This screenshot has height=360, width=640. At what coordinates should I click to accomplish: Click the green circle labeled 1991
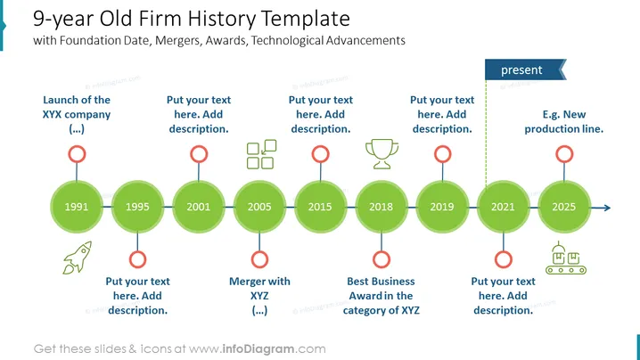point(77,207)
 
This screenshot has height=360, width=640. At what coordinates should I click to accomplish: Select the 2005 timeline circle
point(259,207)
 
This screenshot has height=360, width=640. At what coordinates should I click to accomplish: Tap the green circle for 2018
point(382,207)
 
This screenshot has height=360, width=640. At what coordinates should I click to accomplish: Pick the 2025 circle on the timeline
point(564,207)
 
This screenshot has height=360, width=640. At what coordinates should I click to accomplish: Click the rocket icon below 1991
point(78,258)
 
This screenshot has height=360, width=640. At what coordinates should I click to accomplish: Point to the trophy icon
point(382,154)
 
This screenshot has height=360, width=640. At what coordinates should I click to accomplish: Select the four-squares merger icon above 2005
point(262,154)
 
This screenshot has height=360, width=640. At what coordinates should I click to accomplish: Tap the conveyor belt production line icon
point(566,258)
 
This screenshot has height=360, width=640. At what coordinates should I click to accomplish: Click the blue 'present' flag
point(525,70)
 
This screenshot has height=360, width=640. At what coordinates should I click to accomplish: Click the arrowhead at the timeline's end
point(607,208)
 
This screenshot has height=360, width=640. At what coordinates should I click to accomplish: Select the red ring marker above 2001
point(199,154)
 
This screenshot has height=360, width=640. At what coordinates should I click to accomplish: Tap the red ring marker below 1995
point(137,259)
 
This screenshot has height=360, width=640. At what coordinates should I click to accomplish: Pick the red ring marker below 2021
point(504,259)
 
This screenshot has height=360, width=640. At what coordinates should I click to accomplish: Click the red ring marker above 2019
point(442,154)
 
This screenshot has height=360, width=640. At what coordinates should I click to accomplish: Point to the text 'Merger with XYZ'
point(259,289)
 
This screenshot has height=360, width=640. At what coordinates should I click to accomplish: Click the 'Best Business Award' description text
point(382,296)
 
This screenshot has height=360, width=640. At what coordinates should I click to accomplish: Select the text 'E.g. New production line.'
point(563,121)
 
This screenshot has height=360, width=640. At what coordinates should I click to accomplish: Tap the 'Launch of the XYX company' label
point(77,107)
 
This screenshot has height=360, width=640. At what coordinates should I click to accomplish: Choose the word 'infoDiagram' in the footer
point(258,349)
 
